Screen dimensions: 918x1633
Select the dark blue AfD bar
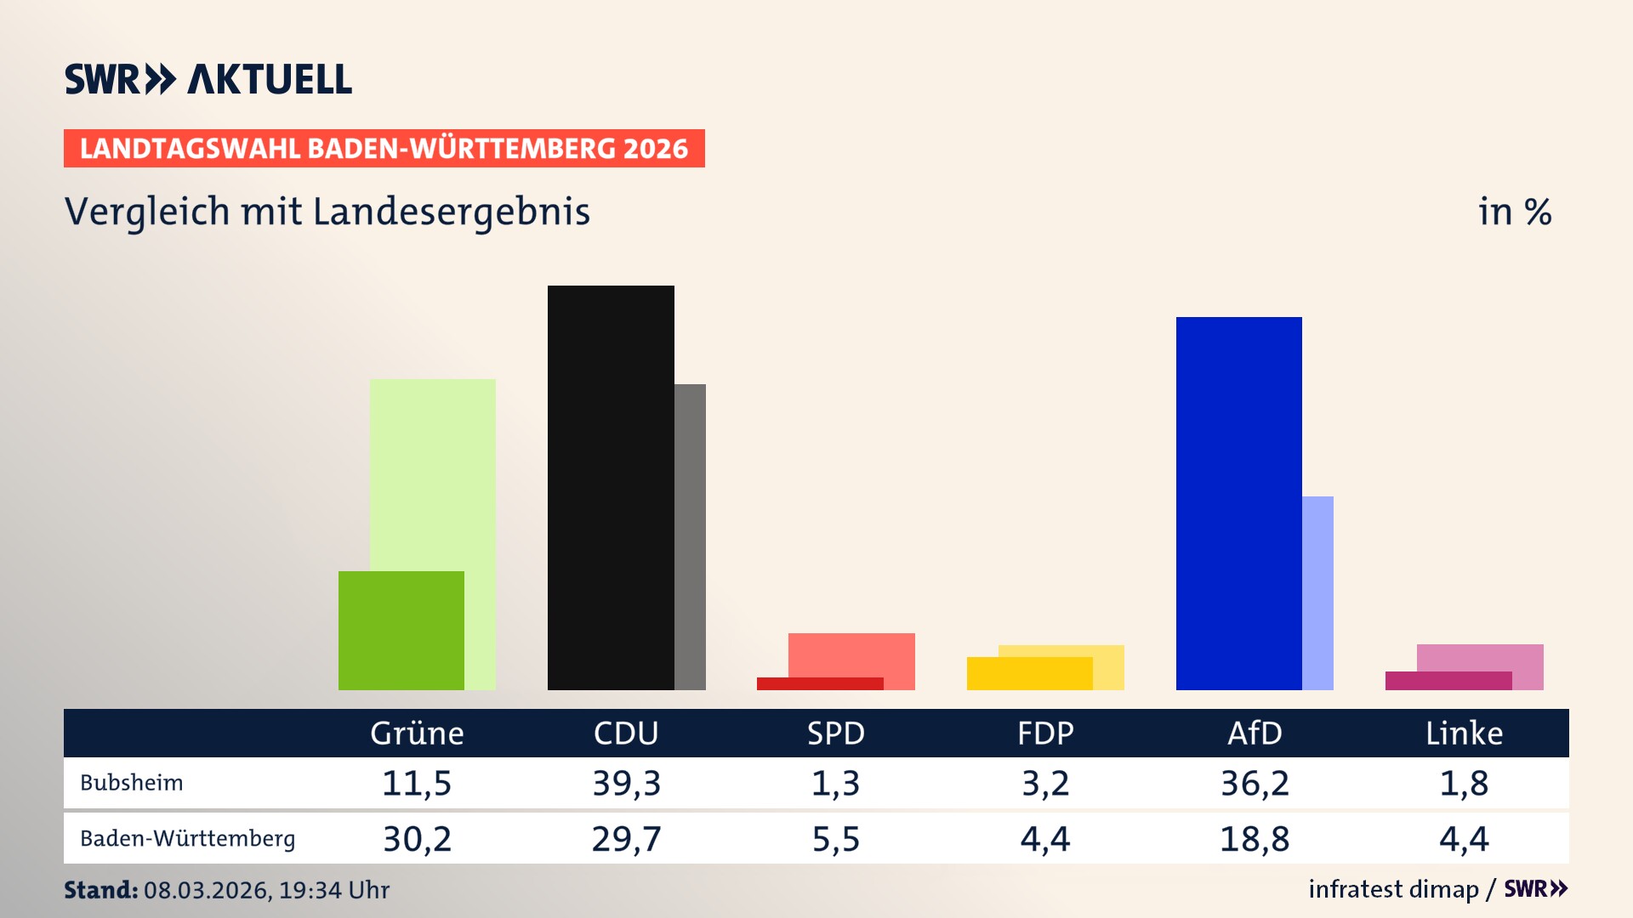point(1238,503)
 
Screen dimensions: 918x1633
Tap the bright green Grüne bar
point(401,630)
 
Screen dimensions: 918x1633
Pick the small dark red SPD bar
point(819,683)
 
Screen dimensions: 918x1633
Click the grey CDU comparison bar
point(690,536)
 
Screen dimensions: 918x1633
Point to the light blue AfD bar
point(1317,592)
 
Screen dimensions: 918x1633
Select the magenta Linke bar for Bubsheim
point(1448,681)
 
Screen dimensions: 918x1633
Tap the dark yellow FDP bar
point(1029,673)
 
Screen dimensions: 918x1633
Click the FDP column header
point(1045,733)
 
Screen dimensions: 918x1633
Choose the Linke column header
point(1464,733)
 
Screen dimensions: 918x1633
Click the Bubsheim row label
point(132,783)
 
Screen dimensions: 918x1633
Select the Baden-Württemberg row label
point(187,839)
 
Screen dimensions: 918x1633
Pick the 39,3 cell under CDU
point(626,783)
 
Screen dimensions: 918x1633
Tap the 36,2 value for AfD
point(1255,783)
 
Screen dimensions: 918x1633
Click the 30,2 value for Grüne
point(417,839)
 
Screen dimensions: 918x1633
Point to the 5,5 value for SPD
point(835,839)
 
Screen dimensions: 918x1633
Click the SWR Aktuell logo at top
point(208,79)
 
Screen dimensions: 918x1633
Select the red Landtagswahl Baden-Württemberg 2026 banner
point(384,148)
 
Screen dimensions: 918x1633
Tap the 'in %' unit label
point(1514,212)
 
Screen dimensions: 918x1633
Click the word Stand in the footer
point(100,890)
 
